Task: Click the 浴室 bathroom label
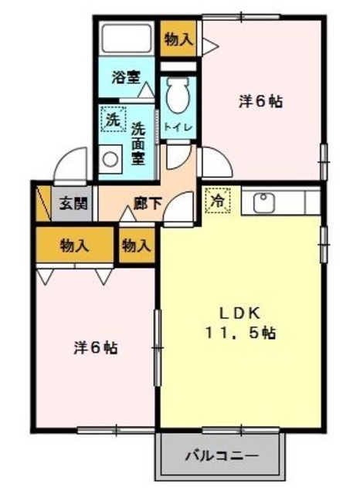tap(125, 76)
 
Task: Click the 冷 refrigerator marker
tap(218, 200)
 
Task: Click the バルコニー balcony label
tap(221, 455)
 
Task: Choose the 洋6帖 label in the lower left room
tap(95, 347)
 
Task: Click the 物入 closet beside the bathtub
tap(178, 39)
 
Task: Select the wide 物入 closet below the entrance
tap(74, 246)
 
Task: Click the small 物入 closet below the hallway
tap(136, 246)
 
